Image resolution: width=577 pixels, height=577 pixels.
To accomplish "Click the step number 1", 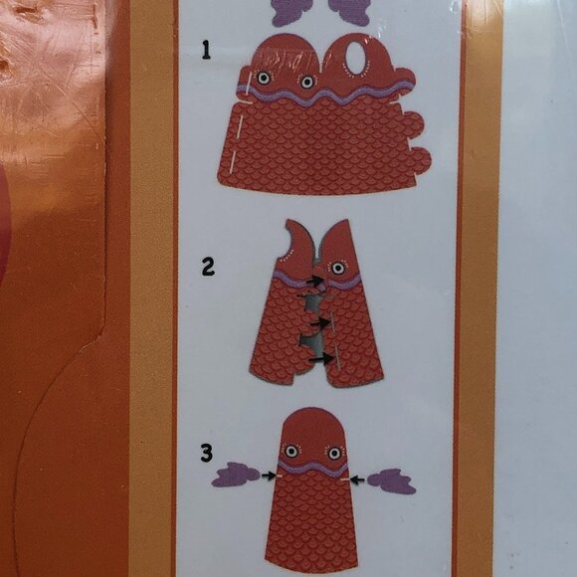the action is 207,50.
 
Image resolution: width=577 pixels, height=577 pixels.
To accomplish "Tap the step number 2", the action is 208,267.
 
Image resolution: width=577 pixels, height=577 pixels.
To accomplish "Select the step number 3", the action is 207,453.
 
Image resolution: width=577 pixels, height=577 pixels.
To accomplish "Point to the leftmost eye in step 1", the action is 264,78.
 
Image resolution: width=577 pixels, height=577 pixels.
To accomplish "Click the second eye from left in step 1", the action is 307,82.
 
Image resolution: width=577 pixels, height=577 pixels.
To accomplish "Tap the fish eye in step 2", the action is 338,268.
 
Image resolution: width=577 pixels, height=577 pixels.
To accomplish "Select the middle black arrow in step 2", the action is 320,323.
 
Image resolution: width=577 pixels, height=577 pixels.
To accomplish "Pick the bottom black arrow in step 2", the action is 319,358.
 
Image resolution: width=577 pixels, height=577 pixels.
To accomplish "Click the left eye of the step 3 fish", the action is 291,451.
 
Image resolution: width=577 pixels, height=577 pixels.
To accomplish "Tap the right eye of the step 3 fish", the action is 334,453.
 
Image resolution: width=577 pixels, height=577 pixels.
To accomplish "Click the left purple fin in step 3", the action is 236,475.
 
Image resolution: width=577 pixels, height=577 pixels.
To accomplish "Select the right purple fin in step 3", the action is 392,481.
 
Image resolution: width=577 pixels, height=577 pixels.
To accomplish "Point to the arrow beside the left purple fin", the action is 269,476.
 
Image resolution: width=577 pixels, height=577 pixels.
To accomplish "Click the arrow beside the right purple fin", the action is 357,480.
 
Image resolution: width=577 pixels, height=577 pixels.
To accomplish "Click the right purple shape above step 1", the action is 349,12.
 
